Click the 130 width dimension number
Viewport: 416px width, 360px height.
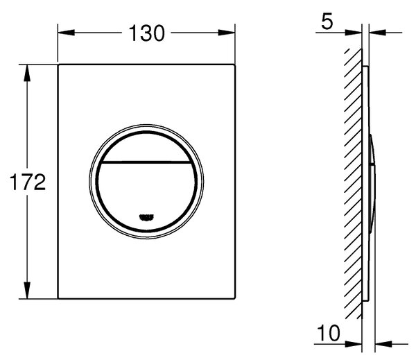[x=147, y=33]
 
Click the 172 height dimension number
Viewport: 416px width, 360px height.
[x=28, y=182]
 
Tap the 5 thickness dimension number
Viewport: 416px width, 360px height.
[x=327, y=22]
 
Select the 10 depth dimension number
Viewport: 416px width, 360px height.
[x=329, y=333]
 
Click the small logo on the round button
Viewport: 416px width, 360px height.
[x=146, y=217]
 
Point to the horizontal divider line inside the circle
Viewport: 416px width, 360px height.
[x=146, y=162]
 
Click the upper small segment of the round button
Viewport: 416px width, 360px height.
[x=146, y=146]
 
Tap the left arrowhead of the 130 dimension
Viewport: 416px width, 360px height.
[x=66, y=33]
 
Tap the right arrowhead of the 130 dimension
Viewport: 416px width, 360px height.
[x=227, y=33]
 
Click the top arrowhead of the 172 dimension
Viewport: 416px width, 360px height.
[x=27, y=73]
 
